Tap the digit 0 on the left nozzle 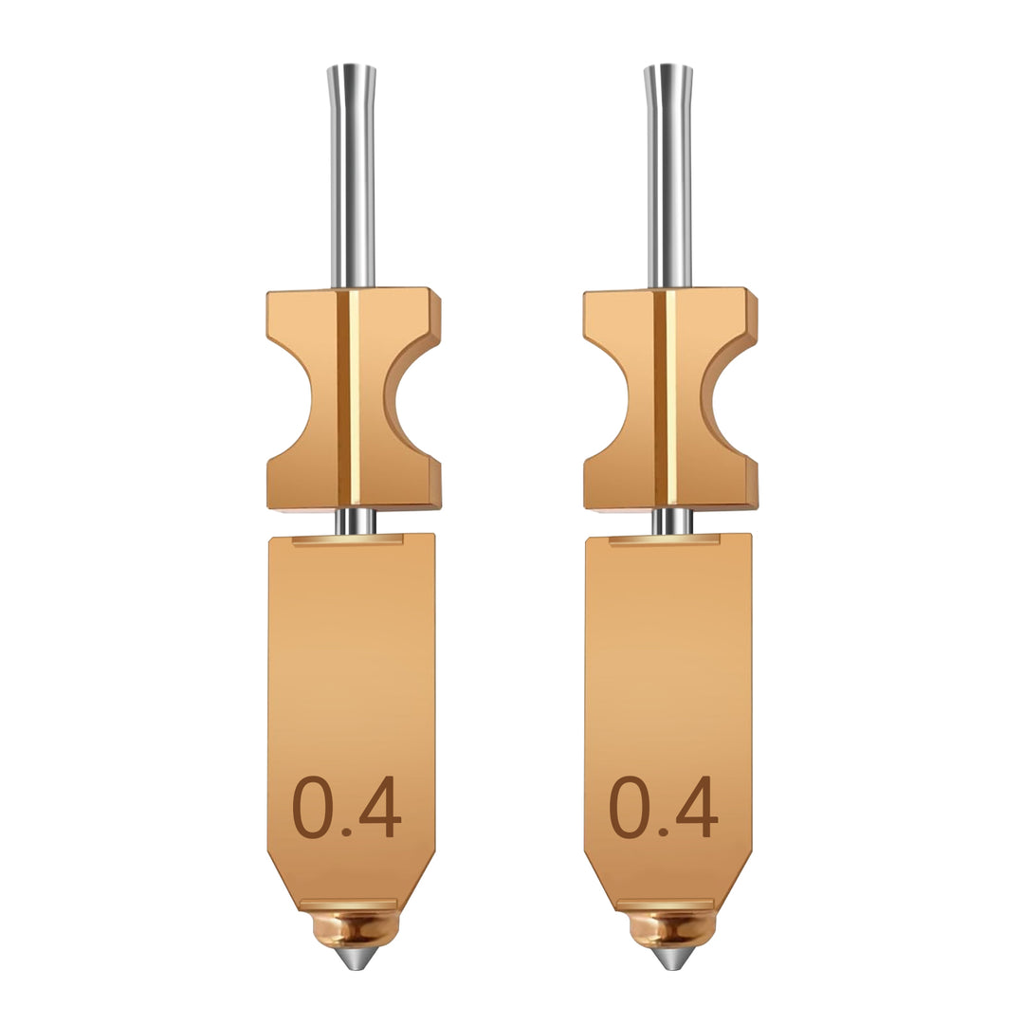click(312, 808)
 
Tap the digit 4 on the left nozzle click(381, 808)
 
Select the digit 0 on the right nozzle click(629, 808)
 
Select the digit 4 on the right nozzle click(698, 808)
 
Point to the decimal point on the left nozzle click(347, 832)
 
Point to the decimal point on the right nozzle click(664, 832)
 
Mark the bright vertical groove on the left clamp click(355, 398)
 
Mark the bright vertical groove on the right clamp click(671, 398)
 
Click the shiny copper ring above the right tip click(671, 927)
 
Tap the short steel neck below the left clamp click(355, 521)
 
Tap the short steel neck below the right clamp click(671, 521)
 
